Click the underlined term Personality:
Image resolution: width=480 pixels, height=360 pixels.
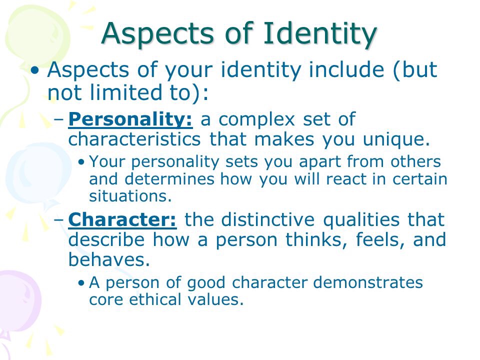click(x=130, y=119)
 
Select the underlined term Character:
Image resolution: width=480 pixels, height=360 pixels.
click(x=122, y=219)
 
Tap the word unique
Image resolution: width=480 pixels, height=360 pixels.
click(x=396, y=140)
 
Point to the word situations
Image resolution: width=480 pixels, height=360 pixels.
click(x=130, y=196)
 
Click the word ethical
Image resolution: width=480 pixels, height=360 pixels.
click(x=155, y=299)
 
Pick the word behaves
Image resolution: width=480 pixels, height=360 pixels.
click(x=109, y=259)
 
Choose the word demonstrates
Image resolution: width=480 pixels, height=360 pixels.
click(x=368, y=282)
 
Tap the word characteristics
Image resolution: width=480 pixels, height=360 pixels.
click(x=134, y=139)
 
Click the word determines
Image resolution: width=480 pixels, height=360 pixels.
click(x=169, y=179)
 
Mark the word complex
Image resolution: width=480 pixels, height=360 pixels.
click(x=256, y=120)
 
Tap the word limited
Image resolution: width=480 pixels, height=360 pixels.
click(x=126, y=92)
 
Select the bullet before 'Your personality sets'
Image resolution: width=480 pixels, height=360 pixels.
click(x=81, y=162)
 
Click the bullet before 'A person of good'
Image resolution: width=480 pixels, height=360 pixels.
click(x=81, y=282)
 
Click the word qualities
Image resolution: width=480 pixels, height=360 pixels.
click(x=361, y=220)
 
